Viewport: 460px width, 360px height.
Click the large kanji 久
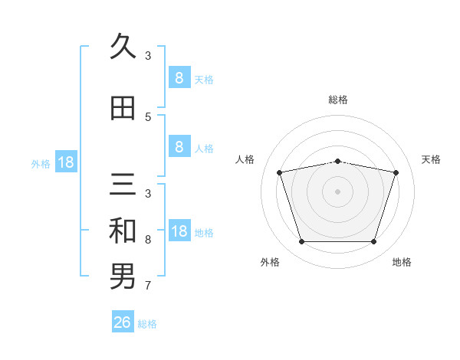click(x=123, y=45)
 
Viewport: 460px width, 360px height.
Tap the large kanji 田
click(x=123, y=108)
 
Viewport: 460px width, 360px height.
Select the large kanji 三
click(x=123, y=184)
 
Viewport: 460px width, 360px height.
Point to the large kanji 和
click(x=123, y=231)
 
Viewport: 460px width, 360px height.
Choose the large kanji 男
click(x=123, y=277)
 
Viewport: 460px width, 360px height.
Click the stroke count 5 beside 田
click(x=148, y=117)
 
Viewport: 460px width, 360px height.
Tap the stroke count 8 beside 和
click(x=148, y=240)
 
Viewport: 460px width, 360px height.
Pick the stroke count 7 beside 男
click(x=148, y=286)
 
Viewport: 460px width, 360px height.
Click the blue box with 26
click(x=123, y=321)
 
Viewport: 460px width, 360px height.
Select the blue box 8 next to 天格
click(x=179, y=77)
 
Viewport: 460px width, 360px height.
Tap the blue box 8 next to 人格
click(x=179, y=146)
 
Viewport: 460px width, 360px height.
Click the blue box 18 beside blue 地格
click(x=179, y=230)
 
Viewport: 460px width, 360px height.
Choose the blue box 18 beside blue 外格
click(x=66, y=162)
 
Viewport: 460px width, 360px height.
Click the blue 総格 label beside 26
click(x=147, y=324)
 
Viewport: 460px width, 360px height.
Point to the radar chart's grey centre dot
click(x=337, y=191)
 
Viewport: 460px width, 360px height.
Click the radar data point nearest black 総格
click(x=337, y=162)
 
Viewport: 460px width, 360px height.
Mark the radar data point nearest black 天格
click(x=396, y=172)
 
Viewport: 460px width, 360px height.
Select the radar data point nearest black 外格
click(x=301, y=241)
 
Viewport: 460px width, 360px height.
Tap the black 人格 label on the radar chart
click(x=245, y=159)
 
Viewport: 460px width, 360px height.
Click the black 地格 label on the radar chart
click(x=402, y=262)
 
